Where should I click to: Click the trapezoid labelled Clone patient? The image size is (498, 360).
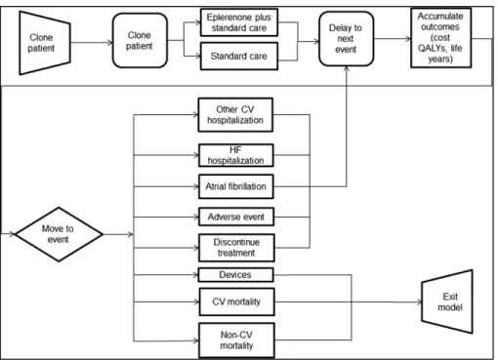click(45, 43)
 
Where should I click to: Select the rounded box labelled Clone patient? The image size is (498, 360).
click(140, 41)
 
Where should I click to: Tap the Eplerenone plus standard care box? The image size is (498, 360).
click(239, 22)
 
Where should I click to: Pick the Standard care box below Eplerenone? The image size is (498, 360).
click(239, 56)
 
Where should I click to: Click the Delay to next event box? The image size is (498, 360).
click(347, 39)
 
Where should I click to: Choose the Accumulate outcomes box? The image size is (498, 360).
click(441, 38)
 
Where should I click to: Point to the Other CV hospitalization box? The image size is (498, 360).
click(235, 115)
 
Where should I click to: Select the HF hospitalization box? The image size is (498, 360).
click(236, 155)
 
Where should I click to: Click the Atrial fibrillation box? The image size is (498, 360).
click(236, 186)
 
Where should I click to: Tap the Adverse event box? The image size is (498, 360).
click(236, 217)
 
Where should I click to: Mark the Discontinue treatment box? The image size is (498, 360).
click(236, 248)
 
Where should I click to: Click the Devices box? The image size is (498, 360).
click(235, 275)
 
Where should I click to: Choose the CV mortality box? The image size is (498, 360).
click(236, 301)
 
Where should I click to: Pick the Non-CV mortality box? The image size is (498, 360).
click(236, 340)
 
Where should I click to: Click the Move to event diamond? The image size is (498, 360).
click(59, 234)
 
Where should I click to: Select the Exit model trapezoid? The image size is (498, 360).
click(447, 301)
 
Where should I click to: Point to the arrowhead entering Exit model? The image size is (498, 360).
click(419, 302)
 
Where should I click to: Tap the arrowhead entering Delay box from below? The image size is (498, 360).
click(347, 68)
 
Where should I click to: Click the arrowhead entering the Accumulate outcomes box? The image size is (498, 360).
click(408, 39)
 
